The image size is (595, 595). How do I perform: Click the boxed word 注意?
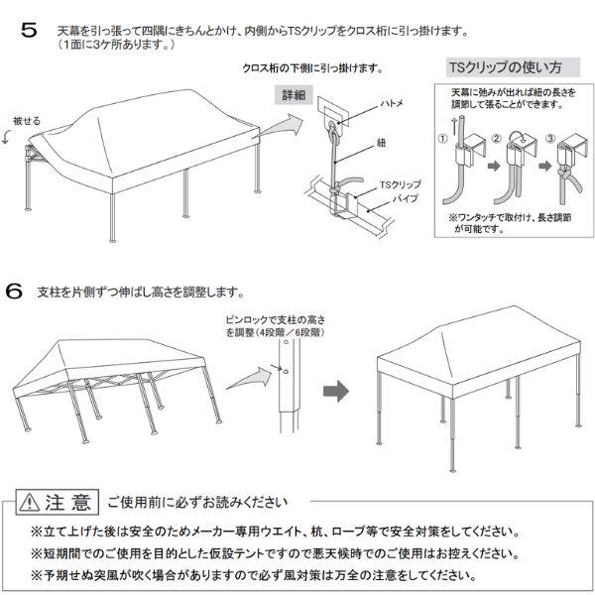click(x=69, y=499)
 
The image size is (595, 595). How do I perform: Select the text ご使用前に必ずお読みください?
click(x=198, y=499)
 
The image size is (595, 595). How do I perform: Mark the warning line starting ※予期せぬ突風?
click(x=269, y=574)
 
